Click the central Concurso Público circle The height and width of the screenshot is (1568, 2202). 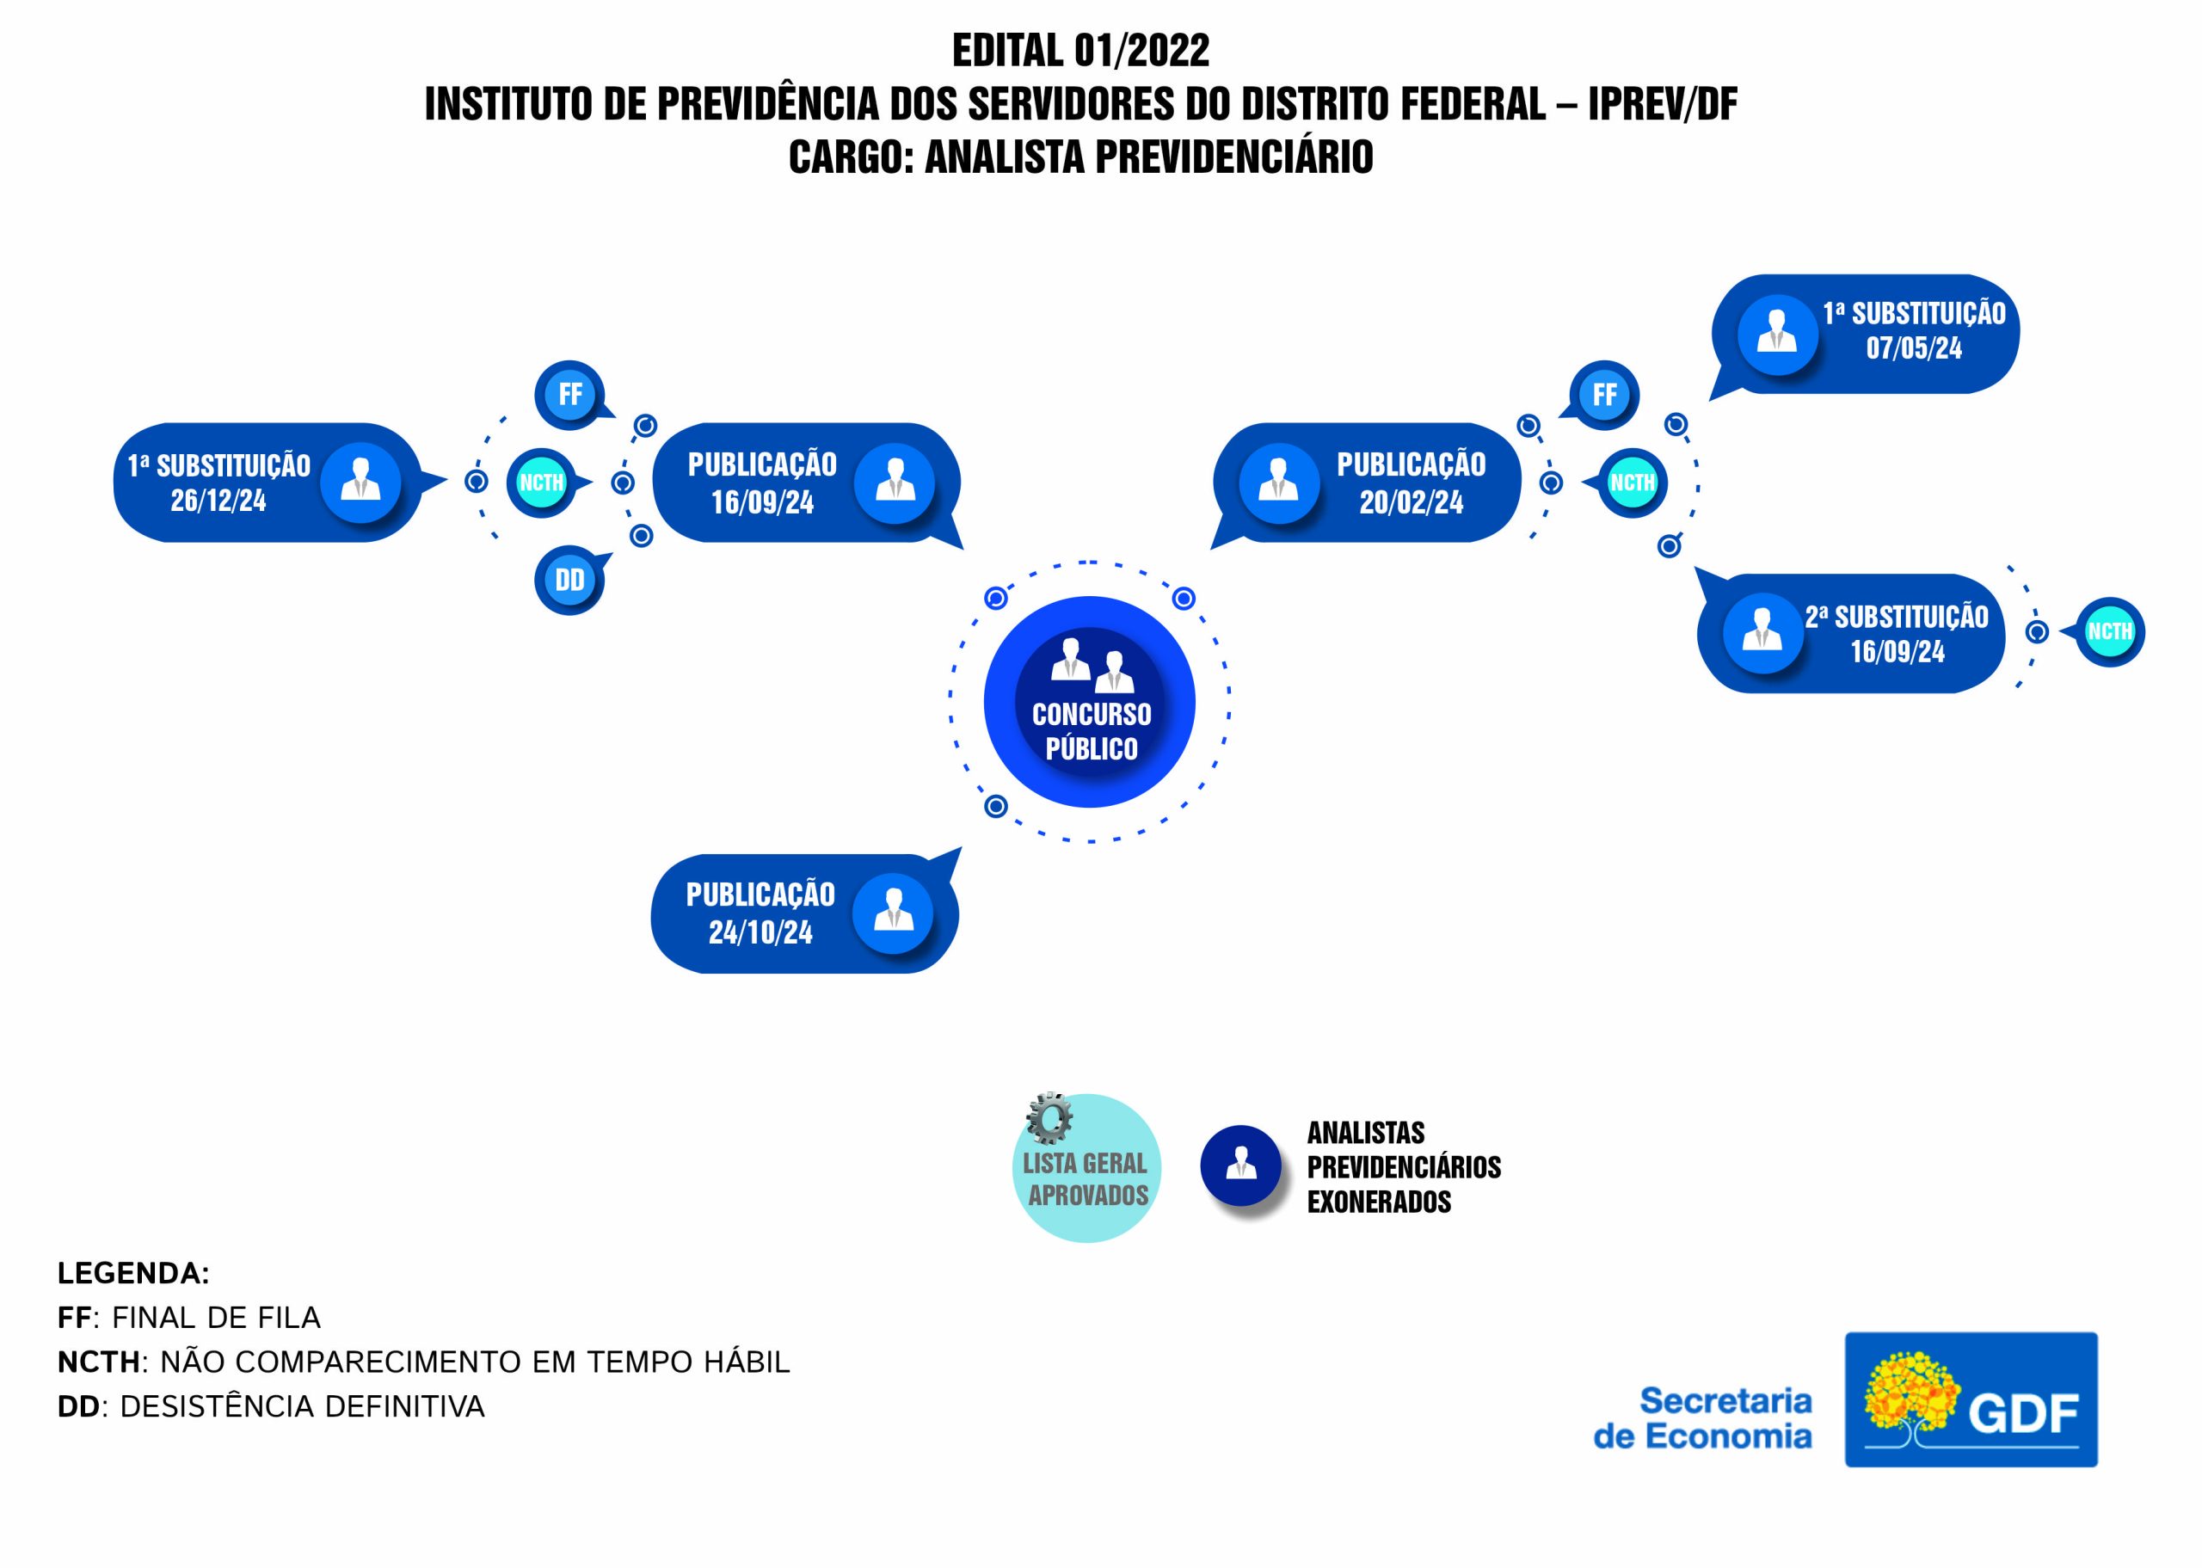(1089, 702)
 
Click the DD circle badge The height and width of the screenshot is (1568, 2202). (569, 581)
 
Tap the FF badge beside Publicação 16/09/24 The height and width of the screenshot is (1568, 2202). (570, 395)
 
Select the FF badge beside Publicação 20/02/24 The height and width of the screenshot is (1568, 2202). (1604, 395)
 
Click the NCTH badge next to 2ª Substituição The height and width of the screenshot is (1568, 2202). (2109, 632)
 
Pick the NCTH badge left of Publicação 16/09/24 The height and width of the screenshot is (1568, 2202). (540, 483)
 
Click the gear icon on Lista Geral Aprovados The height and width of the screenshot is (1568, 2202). (1049, 1119)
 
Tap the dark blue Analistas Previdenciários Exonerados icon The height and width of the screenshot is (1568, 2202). (1240, 1165)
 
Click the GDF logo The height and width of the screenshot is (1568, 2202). (1971, 1400)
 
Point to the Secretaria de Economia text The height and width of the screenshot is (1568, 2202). (1703, 1417)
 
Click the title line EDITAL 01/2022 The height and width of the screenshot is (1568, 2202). (1080, 50)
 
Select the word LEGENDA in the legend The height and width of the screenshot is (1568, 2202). (133, 1274)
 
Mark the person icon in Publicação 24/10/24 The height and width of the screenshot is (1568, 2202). (893, 913)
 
